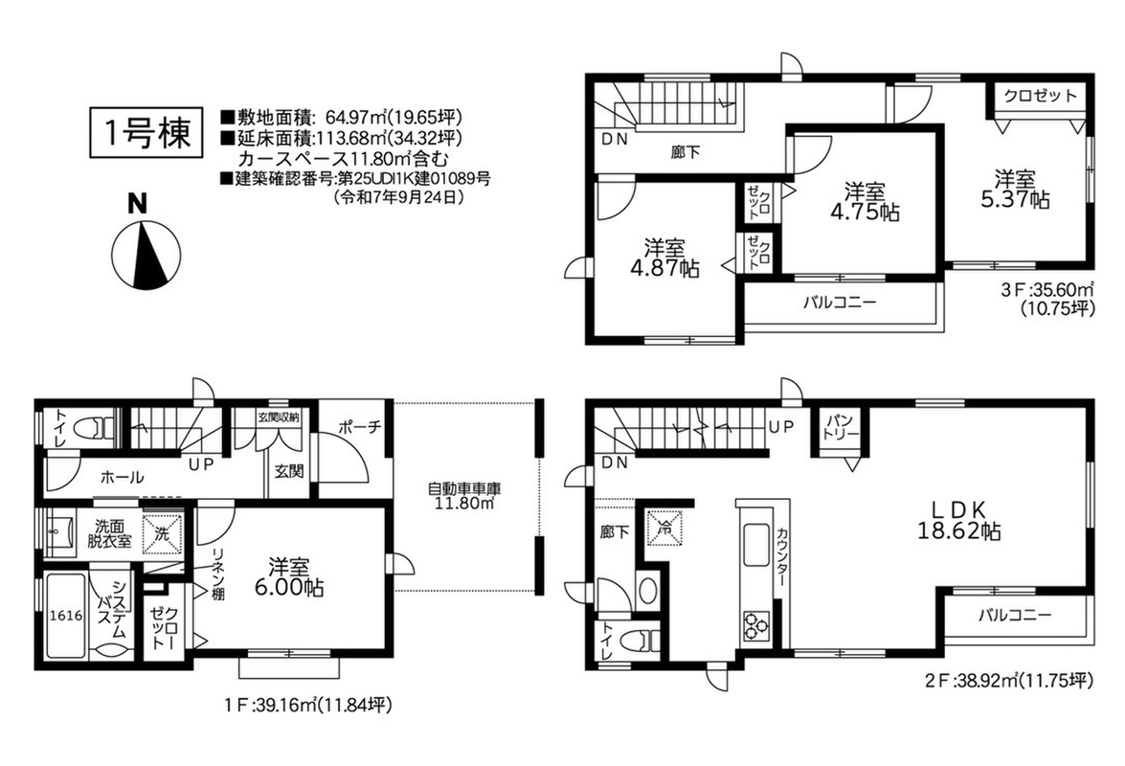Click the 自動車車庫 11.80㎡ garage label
464,496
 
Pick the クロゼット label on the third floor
1041,96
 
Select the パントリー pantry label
841,428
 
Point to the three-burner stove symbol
754,623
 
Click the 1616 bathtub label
65,616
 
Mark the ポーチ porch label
359,428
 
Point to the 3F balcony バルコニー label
840,302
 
